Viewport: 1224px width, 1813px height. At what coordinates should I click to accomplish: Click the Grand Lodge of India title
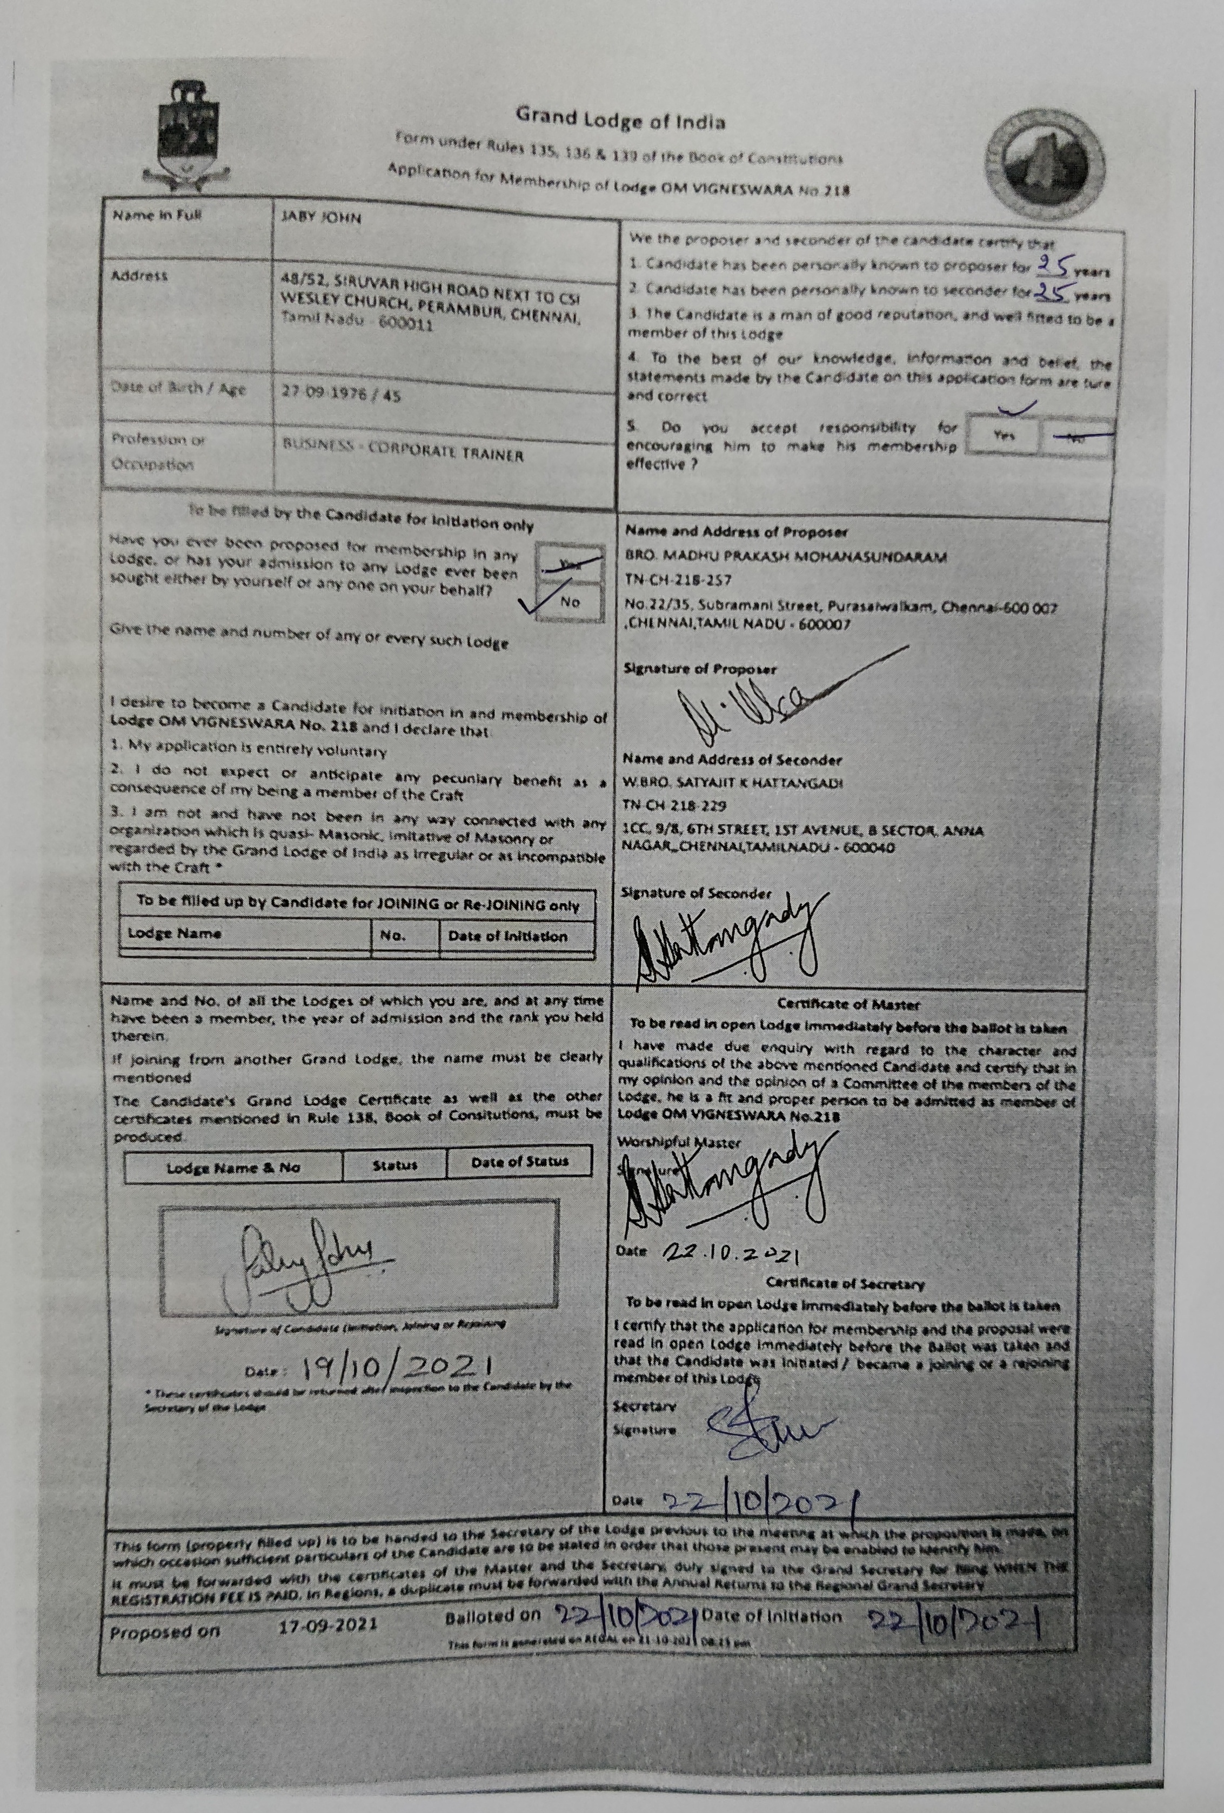pyautogui.click(x=620, y=122)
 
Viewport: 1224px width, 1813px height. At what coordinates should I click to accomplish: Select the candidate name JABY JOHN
pyautogui.click(x=322, y=218)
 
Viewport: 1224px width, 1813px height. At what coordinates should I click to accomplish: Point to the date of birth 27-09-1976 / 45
pyautogui.click(x=341, y=395)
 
